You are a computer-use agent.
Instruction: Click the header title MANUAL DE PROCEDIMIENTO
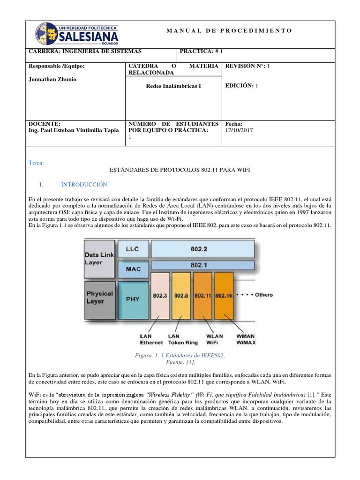[229, 30]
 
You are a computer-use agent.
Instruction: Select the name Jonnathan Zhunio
[52, 79]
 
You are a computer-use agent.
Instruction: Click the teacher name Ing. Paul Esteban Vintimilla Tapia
[74, 130]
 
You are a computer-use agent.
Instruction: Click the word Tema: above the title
[36, 163]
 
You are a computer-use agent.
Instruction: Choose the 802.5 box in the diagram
[181, 296]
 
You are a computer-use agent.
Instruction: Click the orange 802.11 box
[202, 296]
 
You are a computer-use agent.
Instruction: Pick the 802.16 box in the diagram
[223, 296]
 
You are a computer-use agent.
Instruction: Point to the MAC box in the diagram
[133, 270]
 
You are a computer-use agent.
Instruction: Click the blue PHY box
[133, 299]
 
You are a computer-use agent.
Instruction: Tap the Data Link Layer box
[99, 258]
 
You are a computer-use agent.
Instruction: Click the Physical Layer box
[99, 298]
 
